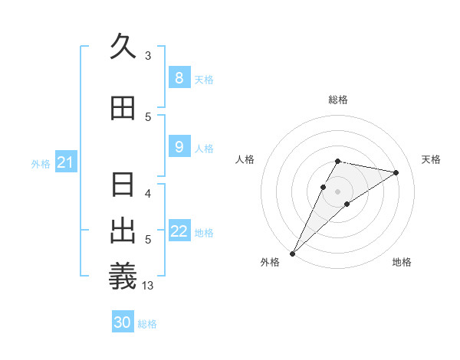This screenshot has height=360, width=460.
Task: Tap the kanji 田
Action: (123, 107)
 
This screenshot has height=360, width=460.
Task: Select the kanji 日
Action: (123, 185)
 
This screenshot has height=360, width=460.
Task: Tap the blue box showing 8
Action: (179, 78)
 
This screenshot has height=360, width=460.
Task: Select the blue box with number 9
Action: (179, 148)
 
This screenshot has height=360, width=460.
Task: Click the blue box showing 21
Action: (65, 162)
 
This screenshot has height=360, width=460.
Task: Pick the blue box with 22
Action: (179, 231)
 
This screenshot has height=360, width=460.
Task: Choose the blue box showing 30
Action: (123, 322)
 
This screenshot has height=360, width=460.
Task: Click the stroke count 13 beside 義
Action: (148, 286)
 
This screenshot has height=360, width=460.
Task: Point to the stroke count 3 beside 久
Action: (148, 56)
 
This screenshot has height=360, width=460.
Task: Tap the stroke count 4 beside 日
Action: (148, 193)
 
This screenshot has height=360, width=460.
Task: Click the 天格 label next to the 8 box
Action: (204, 80)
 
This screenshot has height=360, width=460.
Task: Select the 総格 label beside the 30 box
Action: (147, 324)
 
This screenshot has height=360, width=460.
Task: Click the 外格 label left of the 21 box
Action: (41, 163)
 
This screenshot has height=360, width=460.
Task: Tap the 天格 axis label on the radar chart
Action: (432, 159)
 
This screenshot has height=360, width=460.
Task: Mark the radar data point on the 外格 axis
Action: (292, 253)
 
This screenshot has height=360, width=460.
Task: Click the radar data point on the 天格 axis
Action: (396, 172)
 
